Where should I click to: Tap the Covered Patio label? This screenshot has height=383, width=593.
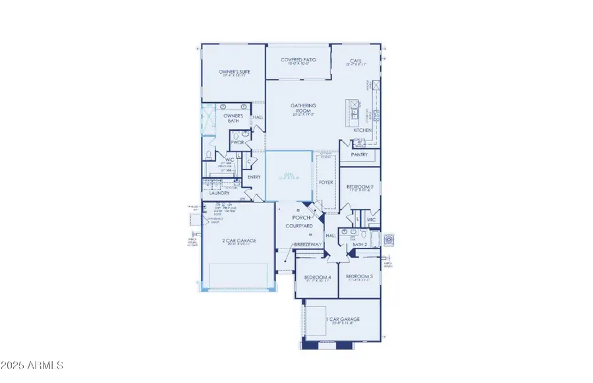[298, 59]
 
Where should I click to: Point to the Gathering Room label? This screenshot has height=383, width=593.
[304, 108]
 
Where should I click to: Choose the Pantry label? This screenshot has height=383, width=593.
[359, 155]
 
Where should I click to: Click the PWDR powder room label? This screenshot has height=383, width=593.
[237, 142]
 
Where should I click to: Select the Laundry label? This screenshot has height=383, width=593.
[219, 192]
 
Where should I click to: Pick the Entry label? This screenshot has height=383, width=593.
[254, 177]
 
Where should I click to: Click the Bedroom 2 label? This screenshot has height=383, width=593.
[360, 187]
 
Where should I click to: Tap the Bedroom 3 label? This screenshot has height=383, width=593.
[360, 276]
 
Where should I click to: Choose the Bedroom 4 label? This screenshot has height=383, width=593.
[317, 278]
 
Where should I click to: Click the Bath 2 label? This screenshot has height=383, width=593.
[360, 245]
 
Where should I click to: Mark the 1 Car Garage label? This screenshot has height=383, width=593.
[343, 319]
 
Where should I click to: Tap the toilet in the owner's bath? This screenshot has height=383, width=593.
[208, 155]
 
